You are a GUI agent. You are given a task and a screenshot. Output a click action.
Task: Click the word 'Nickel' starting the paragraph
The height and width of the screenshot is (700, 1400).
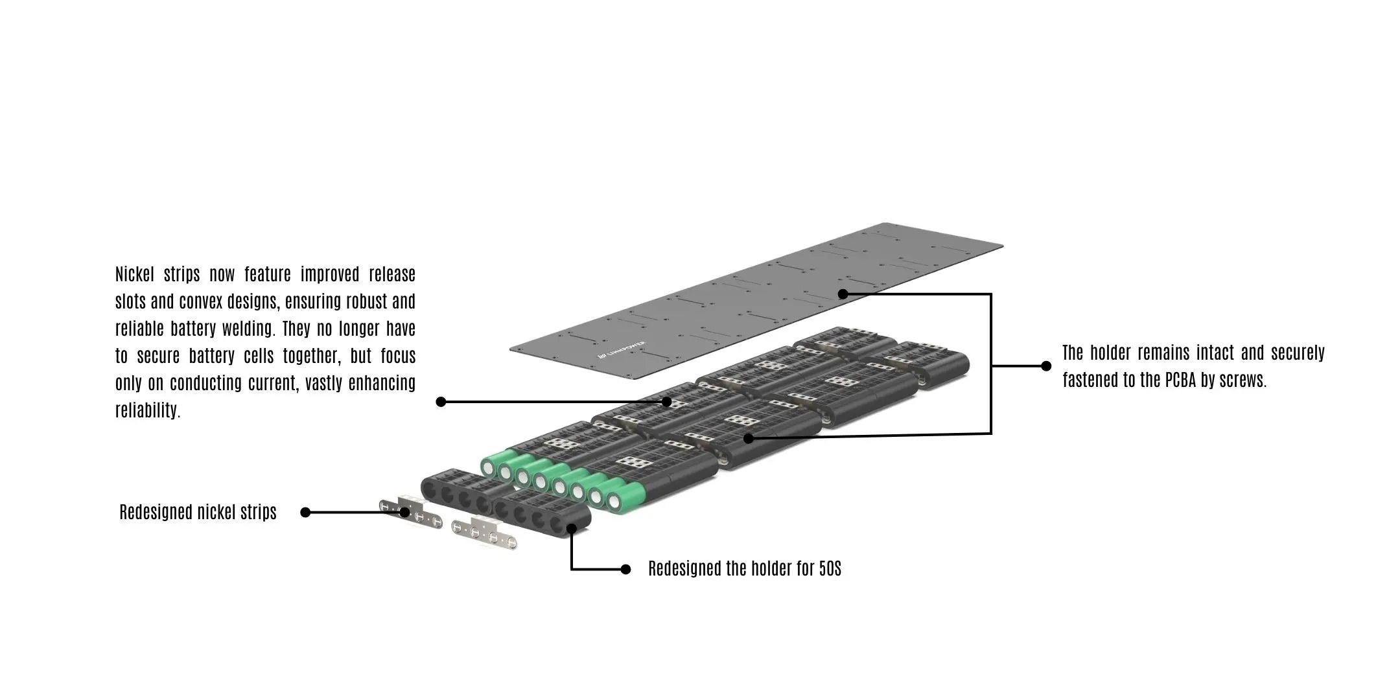pyautogui.click(x=135, y=274)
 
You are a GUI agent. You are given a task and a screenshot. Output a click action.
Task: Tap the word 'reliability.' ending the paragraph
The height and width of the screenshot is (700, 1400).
pyautogui.click(x=148, y=410)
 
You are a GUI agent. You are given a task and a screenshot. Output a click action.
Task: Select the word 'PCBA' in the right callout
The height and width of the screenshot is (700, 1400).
pyautogui.click(x=1180, y=380)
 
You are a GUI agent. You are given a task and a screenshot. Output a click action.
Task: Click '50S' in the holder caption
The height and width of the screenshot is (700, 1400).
pyautogui.click(x=830, y=568)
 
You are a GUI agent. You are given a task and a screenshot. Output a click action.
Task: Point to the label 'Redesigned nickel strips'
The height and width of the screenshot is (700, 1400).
pyautogui.click(x=198, y=512)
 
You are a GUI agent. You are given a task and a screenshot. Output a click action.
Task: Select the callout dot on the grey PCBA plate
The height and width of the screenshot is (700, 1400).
pyautogui.click(x=843, y=294)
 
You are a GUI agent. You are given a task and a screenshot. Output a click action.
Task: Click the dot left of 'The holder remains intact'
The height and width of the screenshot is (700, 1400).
pyautogui.click(x=1045, y=366)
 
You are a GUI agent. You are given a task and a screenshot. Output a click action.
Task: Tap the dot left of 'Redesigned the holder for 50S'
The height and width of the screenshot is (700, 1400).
pyautogui.click(x=625, y=569)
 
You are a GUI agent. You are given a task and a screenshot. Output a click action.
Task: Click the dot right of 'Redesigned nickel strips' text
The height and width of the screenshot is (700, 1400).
pyautogui.click(x=306, y=513)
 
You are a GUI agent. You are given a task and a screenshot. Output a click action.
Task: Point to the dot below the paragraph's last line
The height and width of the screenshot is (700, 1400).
pyautogui.click(x=441, y=402)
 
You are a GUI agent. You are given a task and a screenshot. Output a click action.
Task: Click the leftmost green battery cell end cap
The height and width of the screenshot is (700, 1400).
pyautogui.click(x=489, y=465)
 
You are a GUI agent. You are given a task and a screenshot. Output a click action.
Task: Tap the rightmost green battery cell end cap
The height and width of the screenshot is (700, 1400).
pyautogui.click(x=613, y=500)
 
